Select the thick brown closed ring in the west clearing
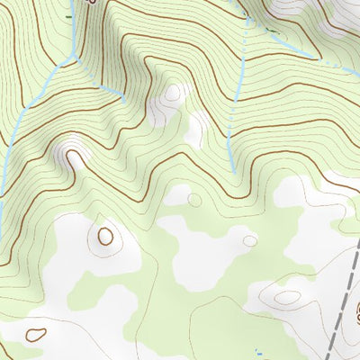pyautogui.click(x=106, y=237)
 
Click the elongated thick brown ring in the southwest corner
pyautogui.click(x=36, y=334)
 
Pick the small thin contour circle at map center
pyautogui.click(x=193, y=200)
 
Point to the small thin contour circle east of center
pyautogui.click(x=248, y=240)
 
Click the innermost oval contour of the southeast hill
pyautogui.click(x=287, y=296)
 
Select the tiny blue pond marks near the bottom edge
pyautogui.click(x=258, y=350)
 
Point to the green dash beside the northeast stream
pyautogui.click(x=270, y=30)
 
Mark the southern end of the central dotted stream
pyautogui.click(x=233, y=171)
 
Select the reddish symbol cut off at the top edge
pyautogui.click(x=90, y=3)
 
